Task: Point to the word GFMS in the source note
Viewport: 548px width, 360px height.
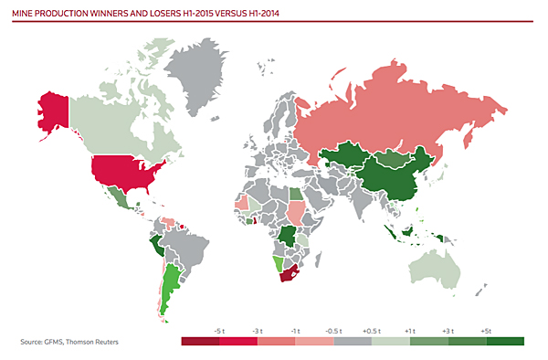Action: click(x=56, y=343)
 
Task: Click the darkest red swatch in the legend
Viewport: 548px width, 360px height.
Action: click(x=200, y=342)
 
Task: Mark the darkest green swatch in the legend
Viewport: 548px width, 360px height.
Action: click(x=505, y=342)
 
